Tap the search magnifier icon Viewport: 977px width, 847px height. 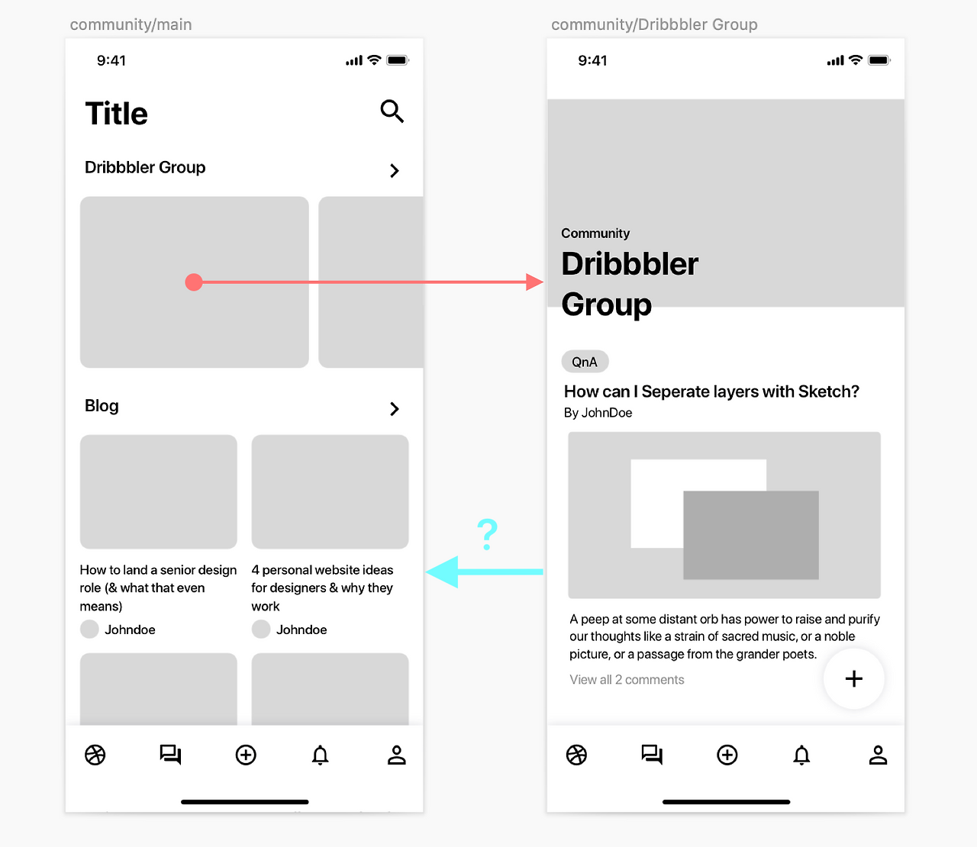pyautogui.click(x=392, y=111)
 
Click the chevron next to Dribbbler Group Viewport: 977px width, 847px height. pyautogui.click(x=395, y=170)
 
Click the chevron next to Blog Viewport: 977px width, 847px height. pyautogui.click(x=395, y=408)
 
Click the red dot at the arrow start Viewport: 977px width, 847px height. pyautogui.click(x=194, y=282)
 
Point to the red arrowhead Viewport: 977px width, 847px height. pyautogui.click(x=534, y=282)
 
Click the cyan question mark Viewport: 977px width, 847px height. pyautogui.click(x=487, y=534)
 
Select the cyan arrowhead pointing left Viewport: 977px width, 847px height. pyautogui.click(x=442, y=572)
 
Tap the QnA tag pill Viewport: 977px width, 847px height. pyautogui.click(x=585, y=362)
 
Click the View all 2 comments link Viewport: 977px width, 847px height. pyautogui.click(x=627, y=679)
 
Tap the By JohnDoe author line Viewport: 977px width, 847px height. pyautogui.click(x=598, y=413)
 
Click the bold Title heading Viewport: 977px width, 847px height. pyautogui.click(x=116, y=114)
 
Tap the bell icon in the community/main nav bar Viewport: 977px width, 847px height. pyautogui.click(x=320, y=755)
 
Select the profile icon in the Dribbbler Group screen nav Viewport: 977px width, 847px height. pyautogui.click(x=878, y=755)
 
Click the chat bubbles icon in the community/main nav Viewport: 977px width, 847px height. pyautogui.click(x=170, y=755)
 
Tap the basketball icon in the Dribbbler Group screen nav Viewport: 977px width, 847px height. pyautogui.click(x=576, y=755)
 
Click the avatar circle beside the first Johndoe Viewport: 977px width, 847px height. pyautogui.click(x=89, y=629)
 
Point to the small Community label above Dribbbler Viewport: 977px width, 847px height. pyautogui.click(x=595, y=233)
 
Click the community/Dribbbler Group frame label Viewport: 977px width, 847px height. pyautogui.click(x=654, y=24)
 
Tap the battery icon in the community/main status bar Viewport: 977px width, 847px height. pyautogui.click(x=398, y=60)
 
